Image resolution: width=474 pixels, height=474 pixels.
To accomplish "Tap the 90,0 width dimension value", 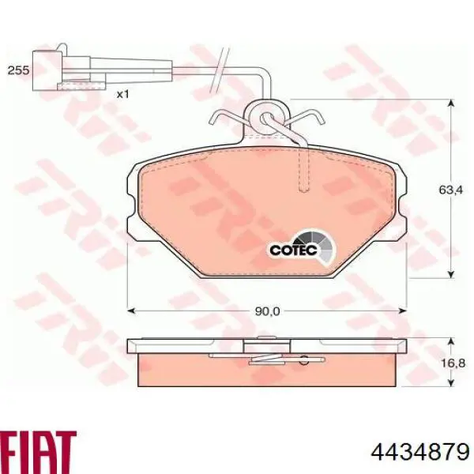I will pyautogui.click(x=268, y=310).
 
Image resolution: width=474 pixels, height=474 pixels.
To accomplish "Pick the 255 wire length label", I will pyautogui.click(x=18, y=70).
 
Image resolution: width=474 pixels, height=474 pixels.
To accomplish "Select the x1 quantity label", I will pyautogui.click(x=122, y=94).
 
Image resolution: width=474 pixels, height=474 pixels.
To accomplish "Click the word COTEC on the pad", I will pyautogui.click(x=293, y=250).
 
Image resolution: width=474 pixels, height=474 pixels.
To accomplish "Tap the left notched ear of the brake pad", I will pyautogui.click(x=132, y=204).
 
